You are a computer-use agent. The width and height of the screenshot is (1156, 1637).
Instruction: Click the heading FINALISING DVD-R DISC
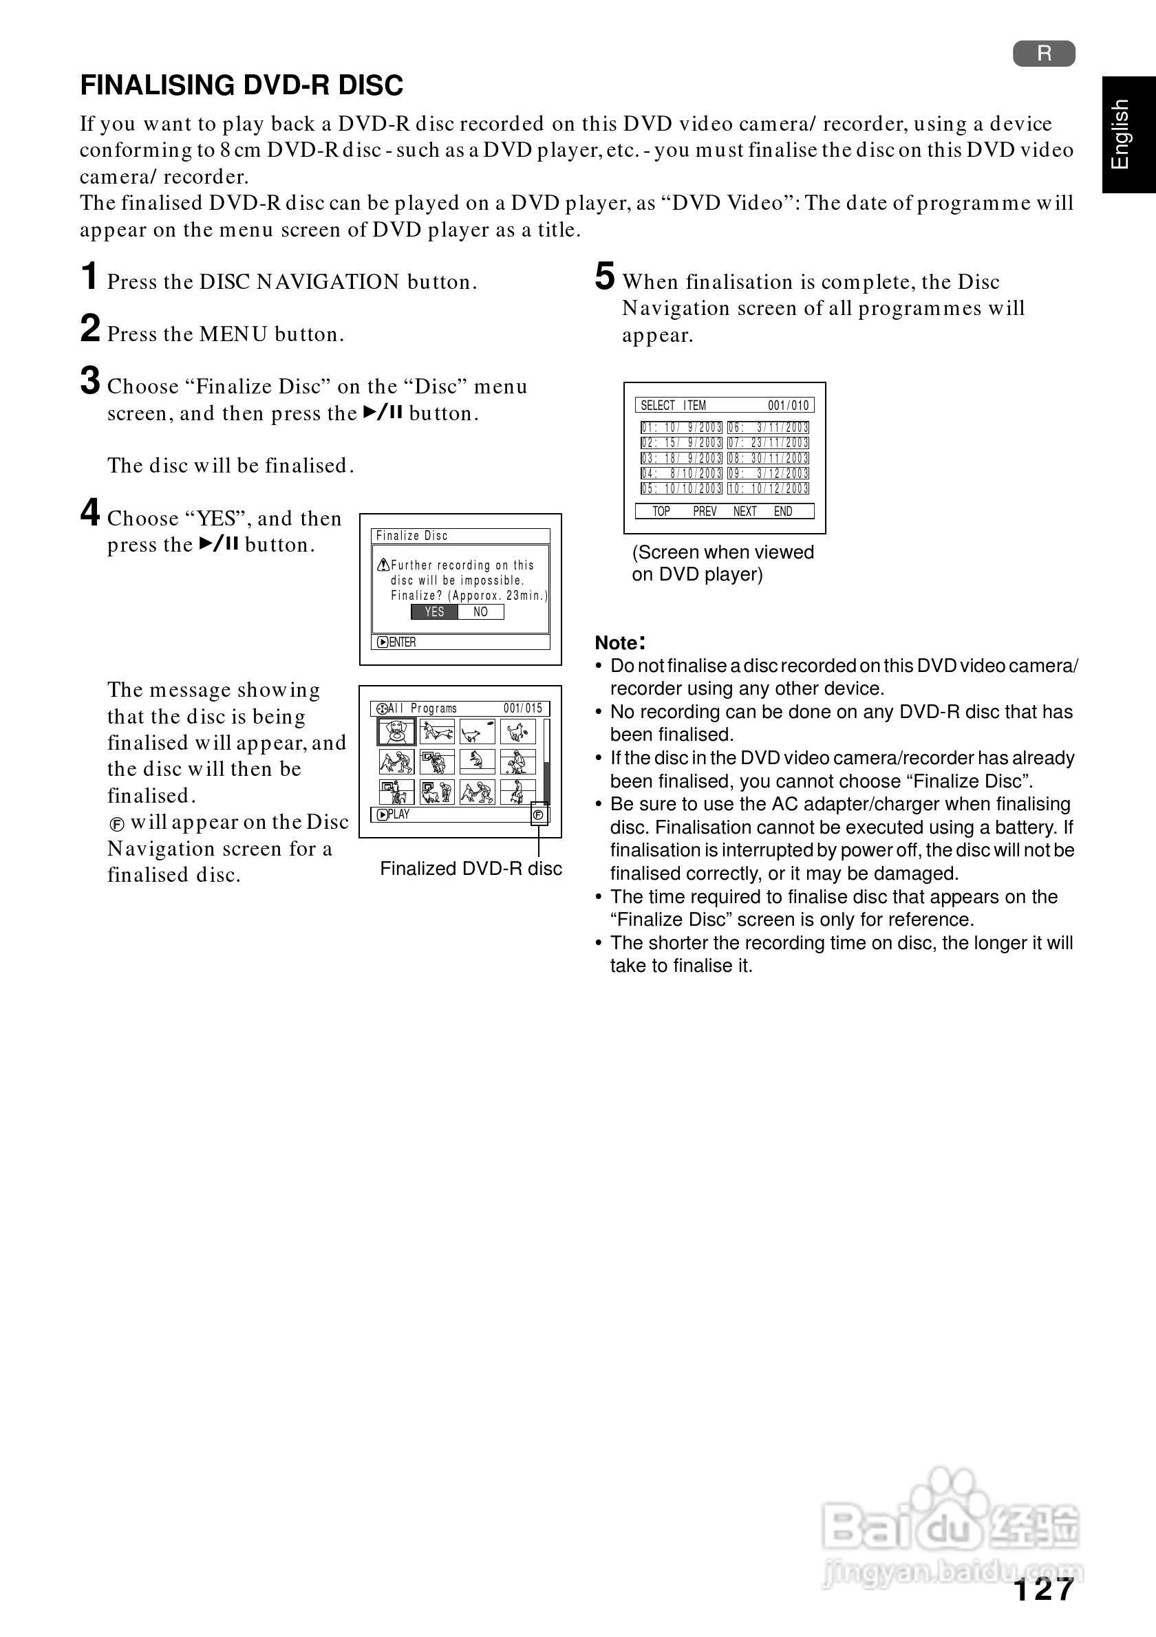coord(241,85)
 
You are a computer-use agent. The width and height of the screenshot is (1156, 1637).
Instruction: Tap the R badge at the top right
coord(1043,54)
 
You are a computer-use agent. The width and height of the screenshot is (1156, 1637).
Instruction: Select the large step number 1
coord(89,277)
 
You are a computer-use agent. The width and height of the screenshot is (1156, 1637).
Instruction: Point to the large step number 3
coord(90,381)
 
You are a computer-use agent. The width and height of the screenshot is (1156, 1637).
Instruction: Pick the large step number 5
coord(604,277)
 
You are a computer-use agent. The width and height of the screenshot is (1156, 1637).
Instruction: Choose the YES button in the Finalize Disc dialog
coord(434,611)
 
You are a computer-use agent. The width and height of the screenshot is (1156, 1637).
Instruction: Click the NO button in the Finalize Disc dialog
coord(481,611)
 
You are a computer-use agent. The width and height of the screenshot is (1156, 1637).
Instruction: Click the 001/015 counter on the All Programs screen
coord(523,708)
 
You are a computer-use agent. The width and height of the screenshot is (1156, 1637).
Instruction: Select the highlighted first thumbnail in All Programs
coord(396,733)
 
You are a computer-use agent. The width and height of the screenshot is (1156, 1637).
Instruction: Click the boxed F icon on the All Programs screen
coord(539,815)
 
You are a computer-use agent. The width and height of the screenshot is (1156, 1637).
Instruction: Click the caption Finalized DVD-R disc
coord(471,869)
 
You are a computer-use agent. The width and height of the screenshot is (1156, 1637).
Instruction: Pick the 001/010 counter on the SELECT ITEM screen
coord(788,406)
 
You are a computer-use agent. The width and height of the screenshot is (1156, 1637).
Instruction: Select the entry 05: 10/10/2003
coord(681,488)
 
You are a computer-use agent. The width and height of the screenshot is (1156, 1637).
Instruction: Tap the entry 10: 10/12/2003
coord(768,488)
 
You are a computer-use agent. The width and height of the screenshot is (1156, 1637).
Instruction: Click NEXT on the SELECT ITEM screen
coord(745,511)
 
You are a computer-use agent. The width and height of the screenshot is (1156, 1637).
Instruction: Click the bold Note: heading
coord(620,642)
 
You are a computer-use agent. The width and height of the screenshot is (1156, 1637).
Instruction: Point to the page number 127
coord(1043,1590)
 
